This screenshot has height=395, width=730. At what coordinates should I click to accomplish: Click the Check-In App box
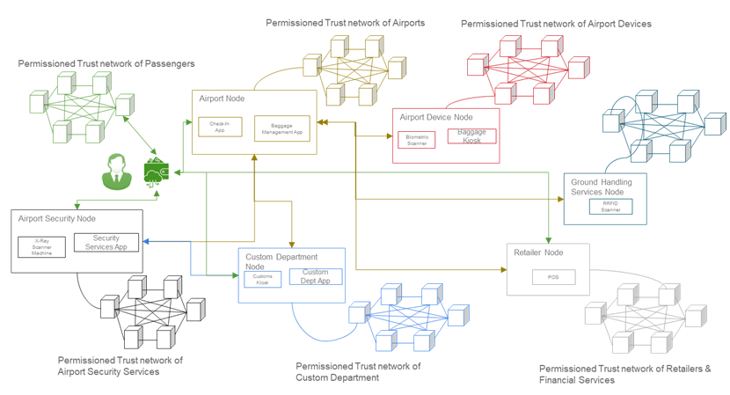(219, 127)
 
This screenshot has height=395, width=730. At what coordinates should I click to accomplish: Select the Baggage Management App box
(282, 128)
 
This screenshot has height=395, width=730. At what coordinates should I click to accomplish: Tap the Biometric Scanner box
(417, 140)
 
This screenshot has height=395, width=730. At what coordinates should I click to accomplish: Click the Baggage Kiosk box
(471, 136)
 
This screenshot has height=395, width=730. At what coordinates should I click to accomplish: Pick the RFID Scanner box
(610, 207)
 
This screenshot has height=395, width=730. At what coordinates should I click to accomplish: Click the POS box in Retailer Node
(553, 277)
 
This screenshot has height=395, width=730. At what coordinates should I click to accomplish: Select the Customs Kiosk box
(263, 280)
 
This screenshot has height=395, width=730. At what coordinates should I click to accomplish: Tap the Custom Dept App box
(315, 276)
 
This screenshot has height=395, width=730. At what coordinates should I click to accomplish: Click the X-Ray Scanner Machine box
(42, 247)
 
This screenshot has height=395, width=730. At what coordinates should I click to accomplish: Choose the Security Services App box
(106, 243)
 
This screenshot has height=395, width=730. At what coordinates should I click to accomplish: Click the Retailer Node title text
(538, 252)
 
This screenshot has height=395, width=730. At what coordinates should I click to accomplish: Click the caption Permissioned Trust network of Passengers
(106, 63)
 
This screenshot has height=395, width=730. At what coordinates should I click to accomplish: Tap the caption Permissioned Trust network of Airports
(346, 23)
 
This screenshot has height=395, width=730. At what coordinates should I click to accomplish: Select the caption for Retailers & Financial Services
(624, 374)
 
